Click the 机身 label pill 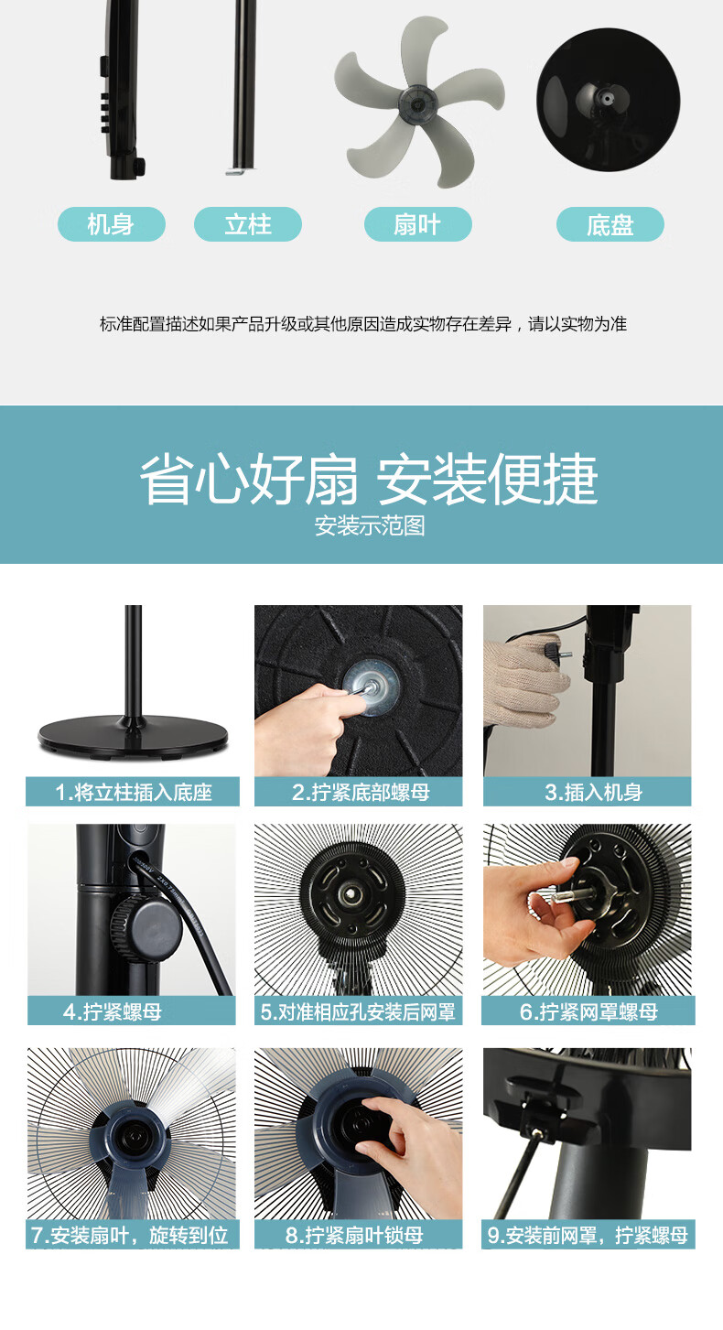(111, 224)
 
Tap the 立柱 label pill (247, 224)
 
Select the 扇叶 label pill (417, 224)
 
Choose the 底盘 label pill (610, 224)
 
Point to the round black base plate (609, 100)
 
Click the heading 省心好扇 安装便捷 (368, 479)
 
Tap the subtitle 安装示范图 (369, 525)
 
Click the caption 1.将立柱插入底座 (133, 792)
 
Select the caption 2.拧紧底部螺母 (361, 792)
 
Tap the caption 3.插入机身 (594, 792)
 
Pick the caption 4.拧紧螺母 (113, 1011)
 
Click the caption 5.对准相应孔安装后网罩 (358, 1011)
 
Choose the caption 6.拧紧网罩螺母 (588, 1011)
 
